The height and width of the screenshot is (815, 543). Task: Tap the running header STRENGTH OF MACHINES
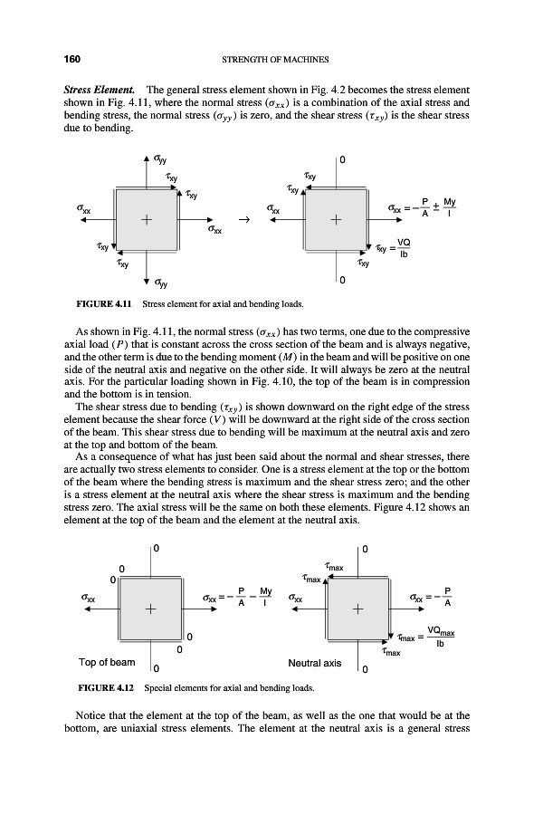point(272,60)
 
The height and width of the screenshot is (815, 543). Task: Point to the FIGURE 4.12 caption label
point(95,687)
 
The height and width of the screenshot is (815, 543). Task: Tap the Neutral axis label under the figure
point(313,663)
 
